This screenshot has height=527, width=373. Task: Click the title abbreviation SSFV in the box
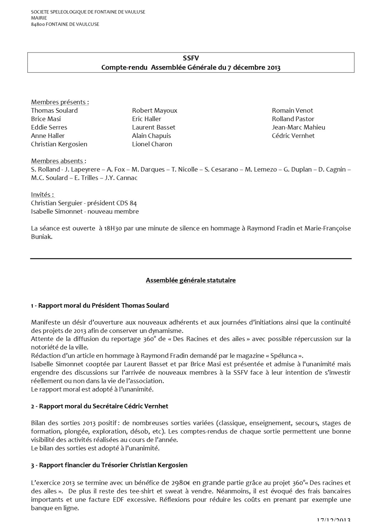[x=191, y=58]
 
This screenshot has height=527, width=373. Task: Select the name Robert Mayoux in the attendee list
[x=154, y=111]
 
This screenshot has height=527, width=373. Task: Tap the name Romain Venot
[x=292, y=111]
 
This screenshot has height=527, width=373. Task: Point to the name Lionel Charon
[x=152, y=144]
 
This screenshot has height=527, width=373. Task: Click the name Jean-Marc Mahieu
[x=298, y=127]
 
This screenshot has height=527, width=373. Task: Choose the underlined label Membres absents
[x=58, y=161]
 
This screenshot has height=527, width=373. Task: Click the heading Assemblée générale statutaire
[x=191, y=280]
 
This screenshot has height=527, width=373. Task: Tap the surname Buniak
[x=41, y=237]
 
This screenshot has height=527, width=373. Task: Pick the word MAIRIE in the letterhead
[x=39, y=18]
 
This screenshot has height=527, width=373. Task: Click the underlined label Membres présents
[x=59, y=102]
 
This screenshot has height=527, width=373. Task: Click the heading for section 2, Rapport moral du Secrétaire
[x=99, y=406]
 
